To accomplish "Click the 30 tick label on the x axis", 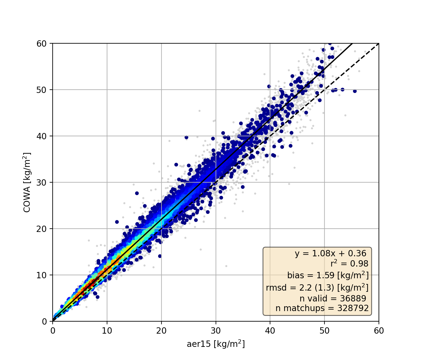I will (216, 331).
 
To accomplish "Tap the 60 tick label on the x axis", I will (379, 331).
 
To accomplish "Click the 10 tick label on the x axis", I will (107, 331).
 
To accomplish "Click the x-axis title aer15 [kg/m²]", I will (216, 344).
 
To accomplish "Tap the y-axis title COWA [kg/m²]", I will (27, 183).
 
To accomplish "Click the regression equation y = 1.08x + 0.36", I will (330, 254).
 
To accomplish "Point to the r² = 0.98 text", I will (349, 264).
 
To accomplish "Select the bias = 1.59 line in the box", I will (328, 275).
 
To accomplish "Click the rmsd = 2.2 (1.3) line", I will (317, 288).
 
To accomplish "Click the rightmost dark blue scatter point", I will (355, 91).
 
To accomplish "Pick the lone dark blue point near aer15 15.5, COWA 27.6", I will (137, 193).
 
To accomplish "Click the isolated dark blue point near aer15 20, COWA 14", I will (160, 256).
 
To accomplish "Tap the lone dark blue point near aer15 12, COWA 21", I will (117, 222).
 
